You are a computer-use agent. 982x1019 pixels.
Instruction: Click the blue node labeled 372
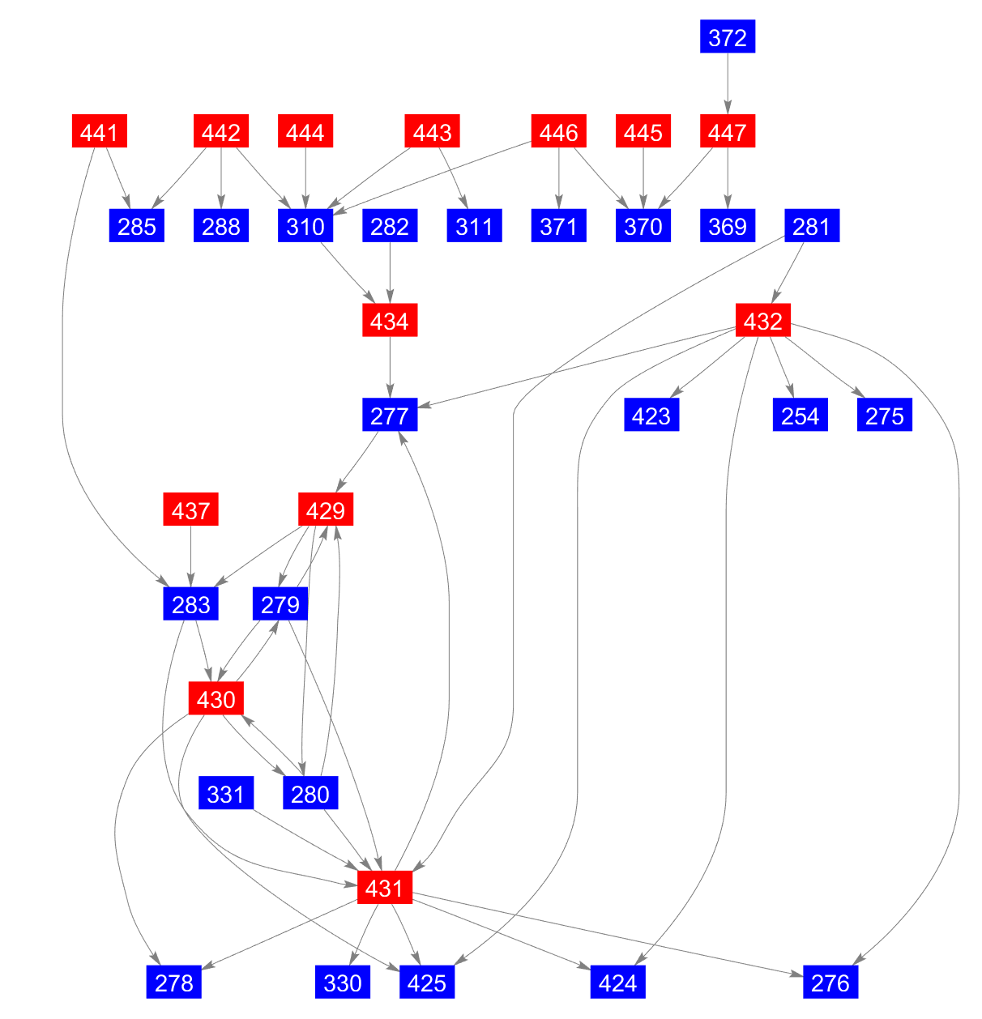pos(727,37)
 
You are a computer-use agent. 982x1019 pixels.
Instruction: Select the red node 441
pos(99,132)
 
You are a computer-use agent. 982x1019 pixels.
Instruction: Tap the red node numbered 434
pos(390,322)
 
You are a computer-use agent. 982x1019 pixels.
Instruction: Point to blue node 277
pos(390,416)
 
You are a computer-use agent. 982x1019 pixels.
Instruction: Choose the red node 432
pos(762,322)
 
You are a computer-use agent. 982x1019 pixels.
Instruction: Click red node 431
pos(385,889)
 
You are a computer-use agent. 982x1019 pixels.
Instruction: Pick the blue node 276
pos(830,983)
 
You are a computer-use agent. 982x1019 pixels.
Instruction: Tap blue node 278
pos(174,983)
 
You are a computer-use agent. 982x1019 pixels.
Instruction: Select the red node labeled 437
pos(191,510)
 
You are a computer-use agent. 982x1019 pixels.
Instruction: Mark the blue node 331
pos(226,794)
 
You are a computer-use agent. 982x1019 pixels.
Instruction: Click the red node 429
pos(326,510)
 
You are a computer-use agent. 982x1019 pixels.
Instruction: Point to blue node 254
pos(801,416)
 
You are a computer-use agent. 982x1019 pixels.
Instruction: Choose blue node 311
pos(474,226)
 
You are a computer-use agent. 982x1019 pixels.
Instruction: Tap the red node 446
pos(558,132)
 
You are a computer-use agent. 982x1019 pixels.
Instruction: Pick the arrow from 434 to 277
pos(390,369)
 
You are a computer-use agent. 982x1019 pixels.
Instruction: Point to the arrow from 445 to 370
pos(643,179)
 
